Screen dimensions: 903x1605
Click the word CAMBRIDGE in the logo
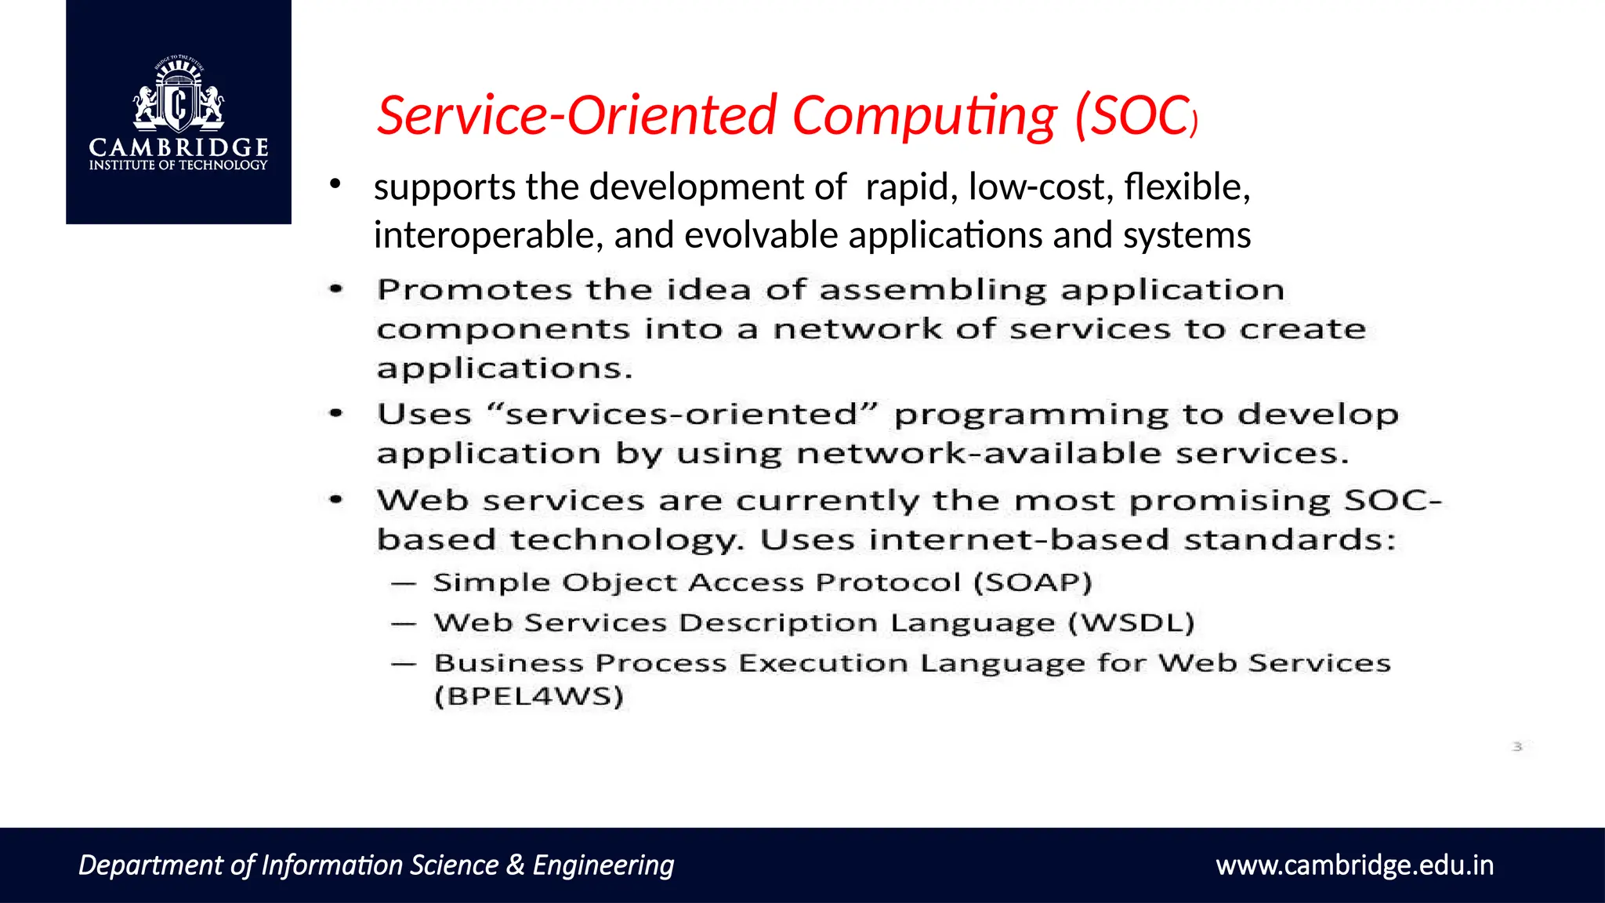179,147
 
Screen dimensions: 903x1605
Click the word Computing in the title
925,115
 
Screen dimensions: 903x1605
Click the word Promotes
474,290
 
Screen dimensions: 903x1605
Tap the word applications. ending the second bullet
504,368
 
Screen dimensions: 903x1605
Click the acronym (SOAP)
1033,582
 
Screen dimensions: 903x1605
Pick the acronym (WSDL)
1131,623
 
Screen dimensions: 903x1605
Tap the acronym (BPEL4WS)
529,696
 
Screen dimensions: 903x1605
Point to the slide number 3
1517,747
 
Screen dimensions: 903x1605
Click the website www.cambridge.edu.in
1354,865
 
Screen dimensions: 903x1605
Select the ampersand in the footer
515,865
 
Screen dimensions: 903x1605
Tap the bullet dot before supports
335,185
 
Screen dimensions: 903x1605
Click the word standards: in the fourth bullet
1289,540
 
